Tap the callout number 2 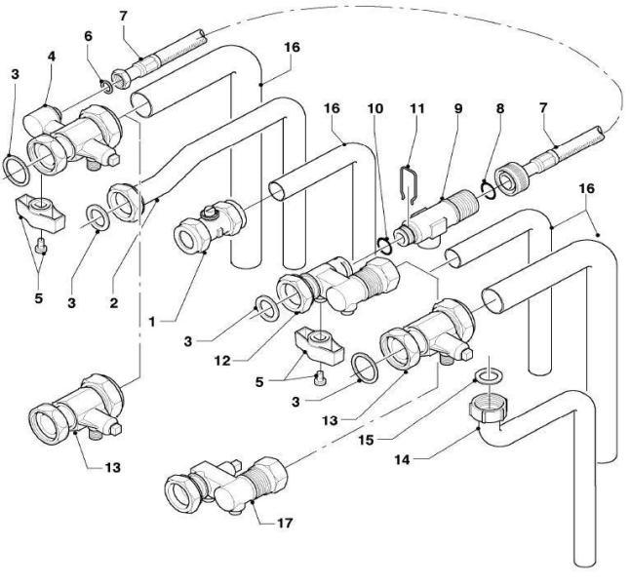point(114,302)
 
